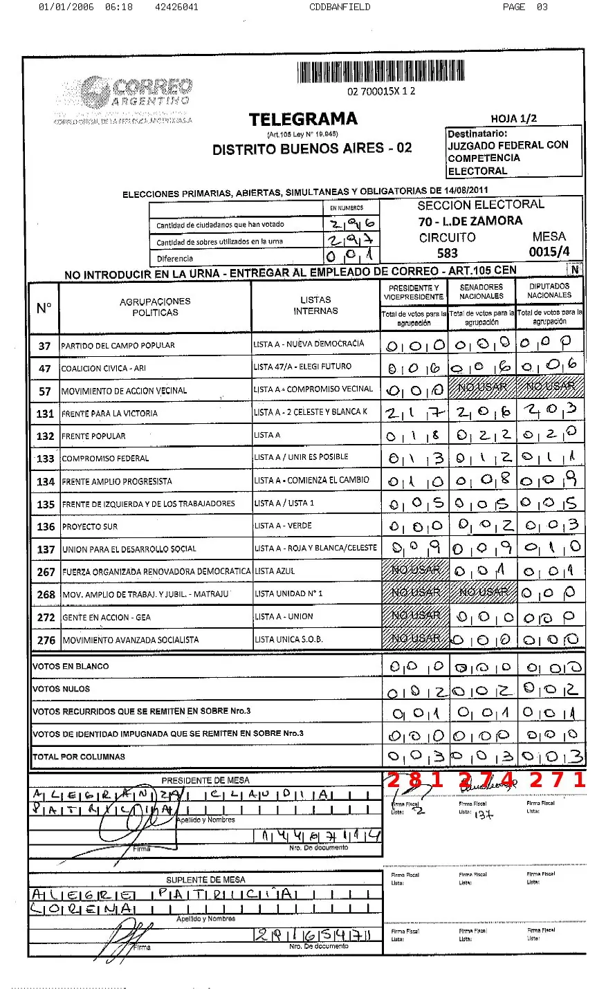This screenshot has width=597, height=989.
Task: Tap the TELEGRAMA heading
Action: coord(303,120)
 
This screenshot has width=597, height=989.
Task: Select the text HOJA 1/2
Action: coord(513,118)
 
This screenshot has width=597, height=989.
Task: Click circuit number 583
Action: coord(447,254)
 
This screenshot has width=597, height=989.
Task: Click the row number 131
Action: coord(45,414)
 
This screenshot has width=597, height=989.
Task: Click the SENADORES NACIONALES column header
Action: coord(481,291)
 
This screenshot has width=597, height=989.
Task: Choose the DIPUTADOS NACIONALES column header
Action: coord(549,290)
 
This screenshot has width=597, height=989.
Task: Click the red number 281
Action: coord(414,780)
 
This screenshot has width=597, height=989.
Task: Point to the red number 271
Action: coord(557,780)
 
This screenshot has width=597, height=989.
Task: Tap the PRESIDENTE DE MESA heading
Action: coord(205,781)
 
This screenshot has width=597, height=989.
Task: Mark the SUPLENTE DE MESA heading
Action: coord(205,880)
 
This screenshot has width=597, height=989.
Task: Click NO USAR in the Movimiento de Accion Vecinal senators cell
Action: coord(482,387)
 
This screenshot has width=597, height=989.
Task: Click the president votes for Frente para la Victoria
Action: coord(415,413)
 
